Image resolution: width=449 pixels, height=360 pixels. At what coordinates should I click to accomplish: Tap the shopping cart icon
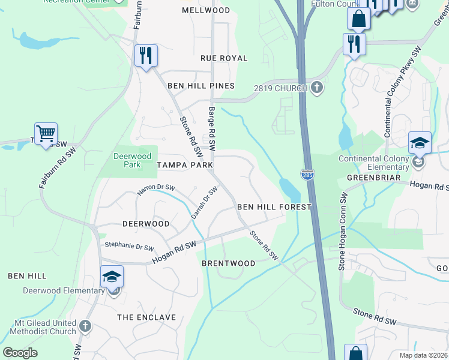46,133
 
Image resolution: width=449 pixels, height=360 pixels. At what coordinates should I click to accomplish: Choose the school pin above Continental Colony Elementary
420,144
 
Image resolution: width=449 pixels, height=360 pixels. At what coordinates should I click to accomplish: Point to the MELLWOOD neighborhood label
206,11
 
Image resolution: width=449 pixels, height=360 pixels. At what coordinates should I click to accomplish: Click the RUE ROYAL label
224,58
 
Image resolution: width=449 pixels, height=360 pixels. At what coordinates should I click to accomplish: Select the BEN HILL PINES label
200,86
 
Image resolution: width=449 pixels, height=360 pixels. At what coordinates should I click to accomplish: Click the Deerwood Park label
127,160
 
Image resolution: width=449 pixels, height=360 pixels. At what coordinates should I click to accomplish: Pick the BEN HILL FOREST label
274,207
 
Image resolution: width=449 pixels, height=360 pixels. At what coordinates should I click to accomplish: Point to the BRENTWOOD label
229,263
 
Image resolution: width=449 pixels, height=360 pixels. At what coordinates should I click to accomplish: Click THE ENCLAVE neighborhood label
146,317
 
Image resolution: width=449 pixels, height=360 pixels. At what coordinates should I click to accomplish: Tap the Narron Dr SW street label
156,189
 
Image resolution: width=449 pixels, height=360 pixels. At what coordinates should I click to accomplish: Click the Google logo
20,353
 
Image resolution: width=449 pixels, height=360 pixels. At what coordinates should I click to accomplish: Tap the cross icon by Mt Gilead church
85,326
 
